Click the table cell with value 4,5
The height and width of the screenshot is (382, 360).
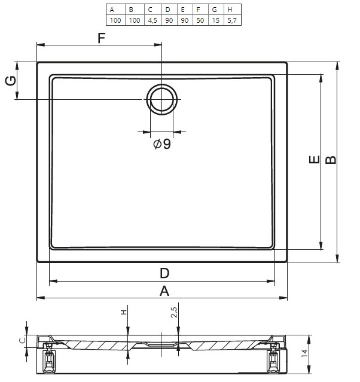[x=153, y=20]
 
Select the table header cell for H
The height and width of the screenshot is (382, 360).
[x=233, y=10]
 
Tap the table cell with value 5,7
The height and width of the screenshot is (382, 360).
[x=233, y=20]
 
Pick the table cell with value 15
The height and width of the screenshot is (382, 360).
[x=216, y=20]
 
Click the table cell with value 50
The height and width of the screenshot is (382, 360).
[x=200, y=20]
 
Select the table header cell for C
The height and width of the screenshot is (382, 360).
[x=153, y=10]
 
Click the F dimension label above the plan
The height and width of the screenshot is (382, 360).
[x=102, y=38]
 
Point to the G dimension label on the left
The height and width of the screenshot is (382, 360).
[x=11, y=81]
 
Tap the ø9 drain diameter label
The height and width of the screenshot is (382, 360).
[x=162, y=143]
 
